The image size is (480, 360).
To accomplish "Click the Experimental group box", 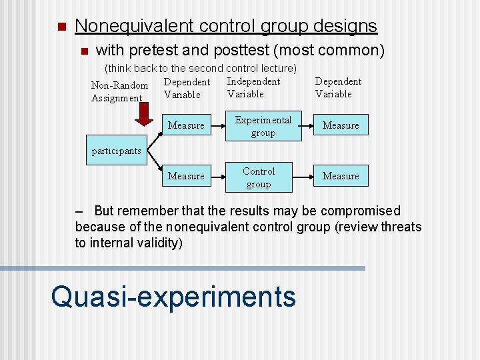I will coord(263,126).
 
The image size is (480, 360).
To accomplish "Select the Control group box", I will coord(258,177).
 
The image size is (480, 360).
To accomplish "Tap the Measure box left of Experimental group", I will coord(186,125).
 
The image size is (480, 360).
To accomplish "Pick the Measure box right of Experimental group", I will coord(341,125).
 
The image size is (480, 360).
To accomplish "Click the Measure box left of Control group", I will coord(186,176).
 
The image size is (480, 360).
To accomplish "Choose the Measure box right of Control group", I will coord(341,176).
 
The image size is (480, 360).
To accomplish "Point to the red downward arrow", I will coord(143,114).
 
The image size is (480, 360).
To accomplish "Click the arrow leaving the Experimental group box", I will coord(305,125).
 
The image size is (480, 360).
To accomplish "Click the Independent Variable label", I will coord(253,87).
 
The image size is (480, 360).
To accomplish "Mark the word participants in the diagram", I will coord(116,151).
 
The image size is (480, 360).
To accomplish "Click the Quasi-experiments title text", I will coord(173,296).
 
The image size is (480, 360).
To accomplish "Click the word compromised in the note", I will coord(360,211).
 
